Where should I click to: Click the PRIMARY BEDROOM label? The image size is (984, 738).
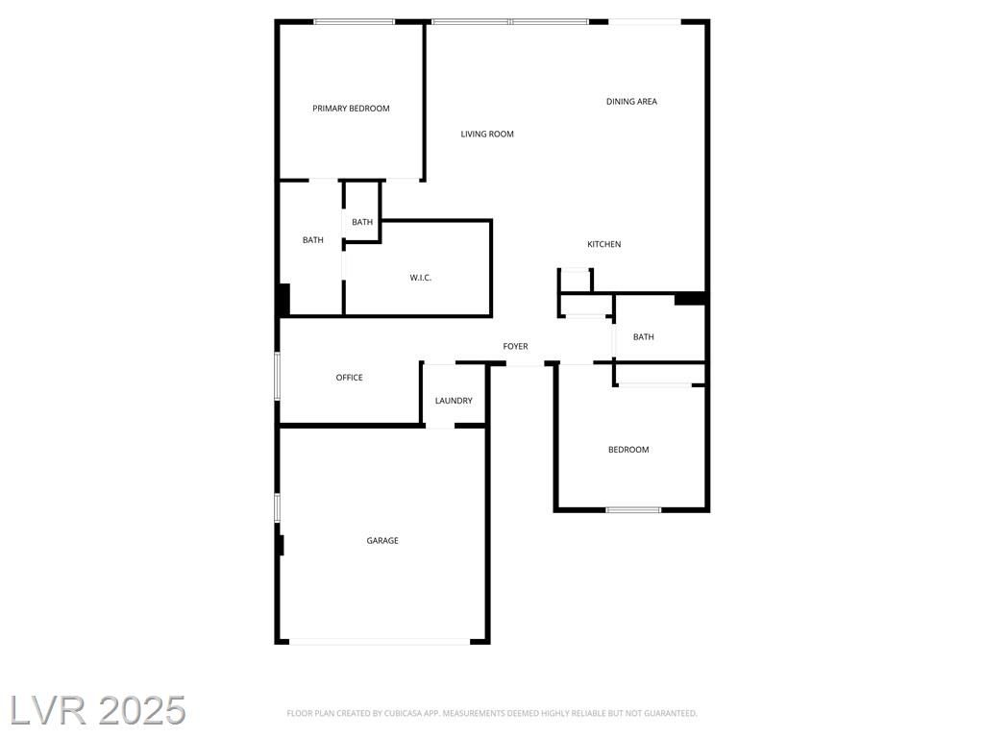click(351, 109)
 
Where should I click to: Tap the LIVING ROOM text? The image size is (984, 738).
click(487, 134)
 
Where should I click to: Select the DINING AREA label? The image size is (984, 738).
click(631, 102)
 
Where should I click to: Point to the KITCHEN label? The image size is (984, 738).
click(603, 244)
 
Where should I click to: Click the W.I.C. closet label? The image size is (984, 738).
click(421, 278)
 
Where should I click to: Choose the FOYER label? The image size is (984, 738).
click(515, 346)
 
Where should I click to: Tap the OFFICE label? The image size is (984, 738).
click(349, 378)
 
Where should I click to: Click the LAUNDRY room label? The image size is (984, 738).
click(454, 401)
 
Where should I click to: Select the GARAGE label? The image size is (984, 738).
click(382, 540)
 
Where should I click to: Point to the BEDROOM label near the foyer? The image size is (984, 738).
click(628, 450)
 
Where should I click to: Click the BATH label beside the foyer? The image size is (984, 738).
click(643, 337)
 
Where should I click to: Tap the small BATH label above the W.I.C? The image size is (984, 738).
click(362, 222)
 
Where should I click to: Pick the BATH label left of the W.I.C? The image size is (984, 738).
click(312, 239)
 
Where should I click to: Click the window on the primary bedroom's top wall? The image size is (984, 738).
click(354, 22)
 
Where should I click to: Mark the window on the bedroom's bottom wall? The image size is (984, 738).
click(633, 509)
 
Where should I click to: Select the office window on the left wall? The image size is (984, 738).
click(277, 376)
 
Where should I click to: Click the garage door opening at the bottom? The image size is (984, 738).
click(380, 641)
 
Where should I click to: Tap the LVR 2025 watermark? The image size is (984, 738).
click(98, 710)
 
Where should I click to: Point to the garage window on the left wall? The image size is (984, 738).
click(277, 507)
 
